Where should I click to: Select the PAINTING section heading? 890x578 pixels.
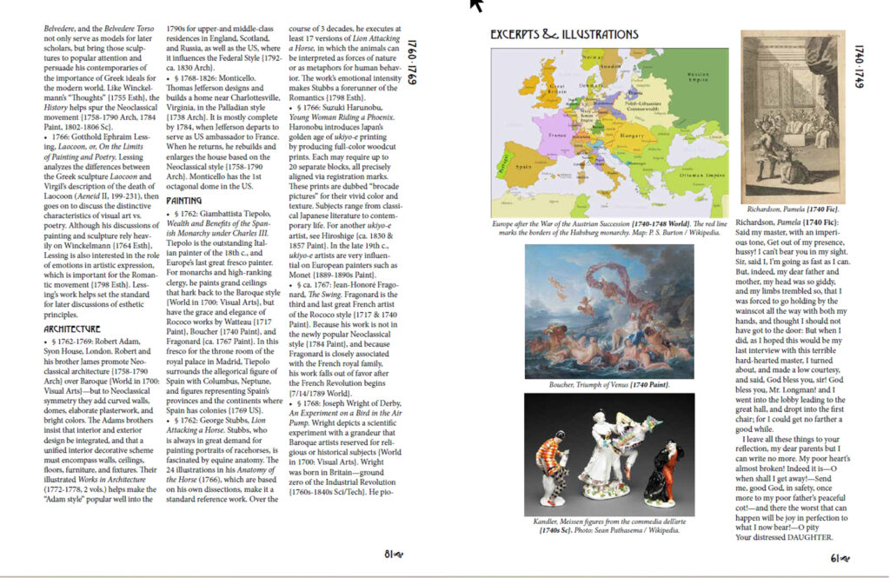pyautogui.click(x=189, y=200)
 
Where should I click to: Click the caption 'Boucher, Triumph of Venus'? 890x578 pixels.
pyautogui.click(x=608, y=383)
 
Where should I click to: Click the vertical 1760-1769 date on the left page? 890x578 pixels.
pyautogui.click(x=414, y=65)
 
